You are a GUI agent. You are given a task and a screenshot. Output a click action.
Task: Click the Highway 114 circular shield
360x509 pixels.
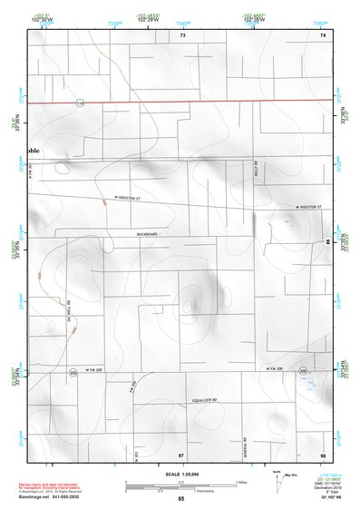point(80,103)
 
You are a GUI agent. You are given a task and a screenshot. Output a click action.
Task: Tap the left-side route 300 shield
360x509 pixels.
point(72,372)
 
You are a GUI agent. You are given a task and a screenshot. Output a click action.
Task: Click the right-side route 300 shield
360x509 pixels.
point(302,371)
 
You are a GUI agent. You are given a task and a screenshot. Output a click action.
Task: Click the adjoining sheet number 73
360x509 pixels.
point(182,34)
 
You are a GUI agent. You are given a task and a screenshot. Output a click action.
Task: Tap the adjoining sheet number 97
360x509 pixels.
point(181,453)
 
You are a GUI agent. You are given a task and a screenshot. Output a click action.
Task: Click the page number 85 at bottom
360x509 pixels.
point(181,499)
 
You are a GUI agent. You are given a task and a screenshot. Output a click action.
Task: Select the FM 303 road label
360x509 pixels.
point(133,390)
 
